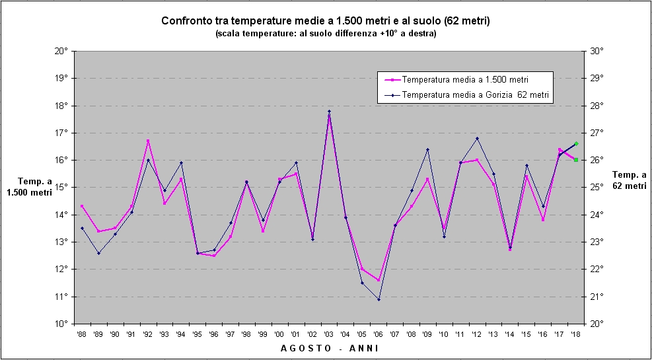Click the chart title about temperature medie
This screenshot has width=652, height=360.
point(325,21)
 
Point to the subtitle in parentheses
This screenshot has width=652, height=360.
point(325,33)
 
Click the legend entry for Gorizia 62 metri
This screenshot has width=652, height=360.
point(476,95)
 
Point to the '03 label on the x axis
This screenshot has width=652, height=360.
point(328,335)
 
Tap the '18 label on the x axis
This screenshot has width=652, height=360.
point(575,335)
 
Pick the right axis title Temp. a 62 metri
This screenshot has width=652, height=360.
point(629,180)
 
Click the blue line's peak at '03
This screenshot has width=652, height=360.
point(329,111)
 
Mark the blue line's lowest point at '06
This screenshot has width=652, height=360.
point(379,299)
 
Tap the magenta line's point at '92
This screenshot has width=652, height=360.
point(148,141)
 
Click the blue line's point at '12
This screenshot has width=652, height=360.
point(477,138)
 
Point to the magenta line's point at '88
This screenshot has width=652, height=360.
point(82,206)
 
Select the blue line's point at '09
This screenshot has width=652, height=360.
point(427,149)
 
